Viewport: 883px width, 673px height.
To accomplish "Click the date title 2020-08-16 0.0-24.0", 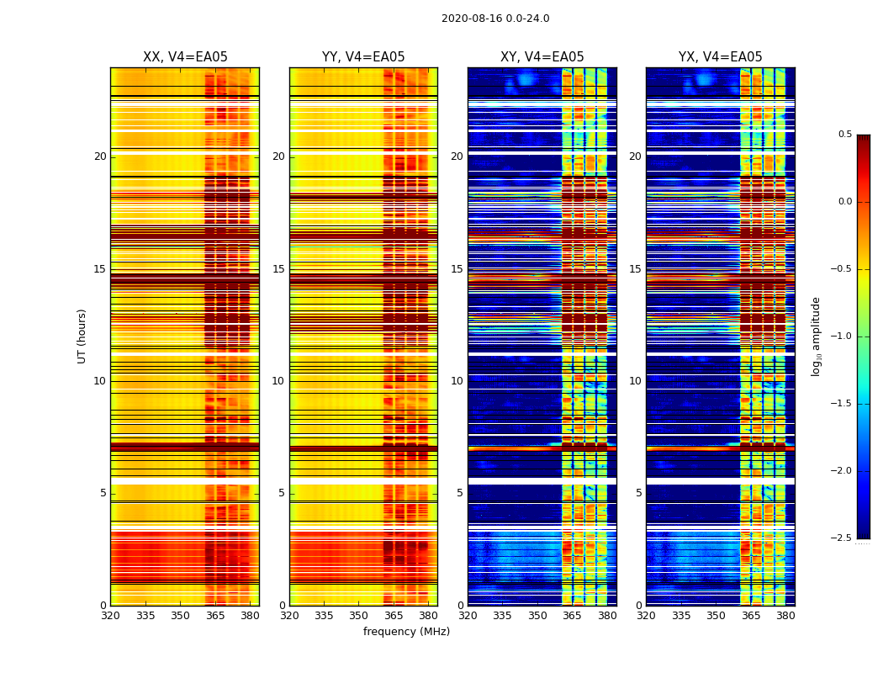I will (x=495, y=19).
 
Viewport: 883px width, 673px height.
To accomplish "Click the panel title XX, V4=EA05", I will (x=185, y=57).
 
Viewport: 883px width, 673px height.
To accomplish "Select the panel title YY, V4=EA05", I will (x=363, y=57).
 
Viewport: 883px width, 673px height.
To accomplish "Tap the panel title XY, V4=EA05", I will (x=542, y=57).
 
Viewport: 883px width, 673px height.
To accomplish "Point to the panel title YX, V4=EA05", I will (x=721, y=57).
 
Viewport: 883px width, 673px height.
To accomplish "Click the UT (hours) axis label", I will (x=82, y=336).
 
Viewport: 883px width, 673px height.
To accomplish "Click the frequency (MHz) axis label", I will (x=406, y=632).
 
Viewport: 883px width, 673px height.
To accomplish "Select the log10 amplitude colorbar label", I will (x=816, y=336).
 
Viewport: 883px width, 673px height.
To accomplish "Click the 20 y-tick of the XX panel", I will (x=100, y=156).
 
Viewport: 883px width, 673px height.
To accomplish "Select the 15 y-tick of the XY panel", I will (x=457, y=269).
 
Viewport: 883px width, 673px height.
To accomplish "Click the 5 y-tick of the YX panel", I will (x=638, y=493).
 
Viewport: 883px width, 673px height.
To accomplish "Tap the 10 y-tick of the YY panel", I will (x=278, y=381).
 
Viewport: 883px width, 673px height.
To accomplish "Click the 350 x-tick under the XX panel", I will (x=180, y=616).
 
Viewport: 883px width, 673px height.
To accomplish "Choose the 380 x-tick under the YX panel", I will (x=785, y=616).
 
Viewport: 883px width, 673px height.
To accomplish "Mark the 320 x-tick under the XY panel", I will (x=468, y=616).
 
